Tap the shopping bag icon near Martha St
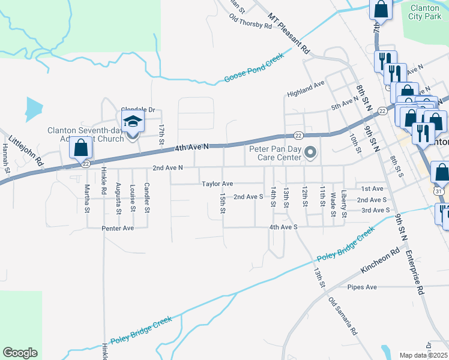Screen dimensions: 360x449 pos(80,148)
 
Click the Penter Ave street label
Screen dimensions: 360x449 pos(118,228)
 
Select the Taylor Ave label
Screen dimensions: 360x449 pos(217,184)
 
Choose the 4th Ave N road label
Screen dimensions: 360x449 pos(191,147)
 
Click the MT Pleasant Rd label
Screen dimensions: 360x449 pos(288,34)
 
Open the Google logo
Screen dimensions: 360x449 pos(20,353)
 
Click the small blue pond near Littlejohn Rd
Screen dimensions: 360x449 pos(34,109)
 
